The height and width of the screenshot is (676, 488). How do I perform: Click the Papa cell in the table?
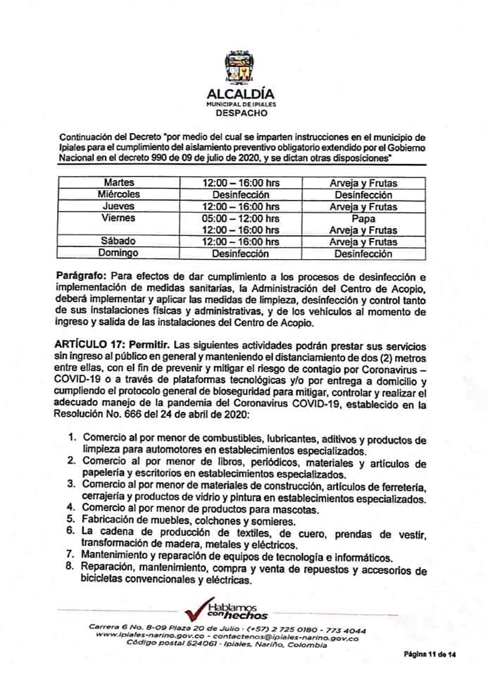tap(363, 218)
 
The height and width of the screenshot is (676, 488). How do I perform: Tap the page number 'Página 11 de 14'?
tap(430, 656)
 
